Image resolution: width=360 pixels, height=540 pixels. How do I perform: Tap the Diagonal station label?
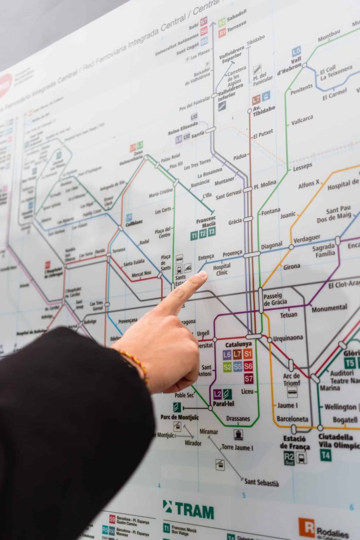click(x=271, y=246)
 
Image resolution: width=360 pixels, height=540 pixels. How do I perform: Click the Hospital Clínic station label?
click(x=222, y=269)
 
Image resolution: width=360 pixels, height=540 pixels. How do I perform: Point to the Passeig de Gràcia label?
click(x=275, y=299)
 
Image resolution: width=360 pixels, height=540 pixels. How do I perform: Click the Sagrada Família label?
click(x=323, y=250)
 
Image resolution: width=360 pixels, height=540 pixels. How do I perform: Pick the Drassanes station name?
click(x=238, y=419)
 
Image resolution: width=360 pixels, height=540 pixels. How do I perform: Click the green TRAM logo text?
click(x=188, y=510)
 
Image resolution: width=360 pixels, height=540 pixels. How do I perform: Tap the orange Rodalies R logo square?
click(x=306, y=527)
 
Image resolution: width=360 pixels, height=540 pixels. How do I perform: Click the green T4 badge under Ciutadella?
click(x=326, y=455)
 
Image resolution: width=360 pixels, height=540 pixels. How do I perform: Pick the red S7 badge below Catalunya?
click(x=249, y=378)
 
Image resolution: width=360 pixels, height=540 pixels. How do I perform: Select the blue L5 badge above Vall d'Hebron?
click(x=297, y=51)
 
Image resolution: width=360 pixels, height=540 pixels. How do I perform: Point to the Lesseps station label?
click(x=303, y=166)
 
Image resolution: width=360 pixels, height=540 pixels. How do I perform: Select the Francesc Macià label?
click(x=206, y=222)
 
